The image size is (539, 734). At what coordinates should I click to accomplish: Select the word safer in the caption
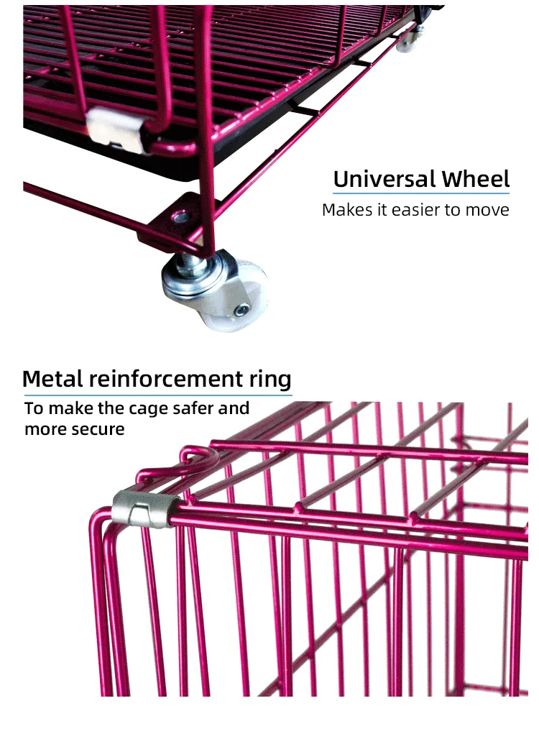point(193,409)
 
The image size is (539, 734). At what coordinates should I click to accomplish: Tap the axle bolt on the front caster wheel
point(241,310)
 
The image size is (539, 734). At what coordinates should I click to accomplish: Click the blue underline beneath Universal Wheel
point(420,193)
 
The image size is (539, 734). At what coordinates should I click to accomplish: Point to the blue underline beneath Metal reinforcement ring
point(157,394)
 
